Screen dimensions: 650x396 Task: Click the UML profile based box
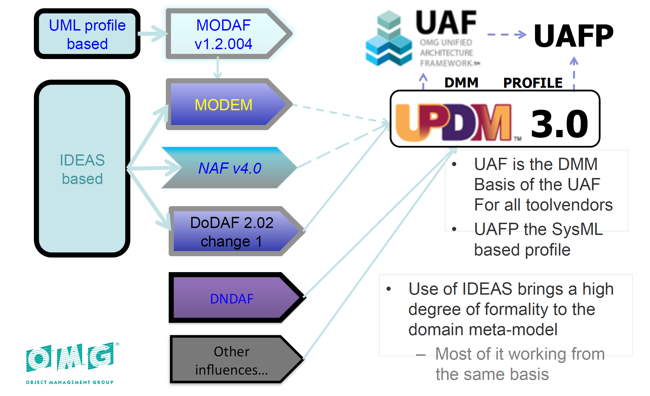tap(87, 34)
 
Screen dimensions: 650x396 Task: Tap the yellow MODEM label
tap(224, 105)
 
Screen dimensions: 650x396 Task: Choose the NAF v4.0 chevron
tap(229, 168)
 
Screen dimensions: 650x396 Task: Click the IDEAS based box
tap(82, 169)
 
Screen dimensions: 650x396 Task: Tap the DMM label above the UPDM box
tap(461, 83)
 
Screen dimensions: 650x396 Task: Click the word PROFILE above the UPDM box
tap(533, 83)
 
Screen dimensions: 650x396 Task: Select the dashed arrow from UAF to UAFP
tap(507, 34)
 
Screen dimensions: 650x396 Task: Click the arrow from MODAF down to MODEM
tap(217, 68)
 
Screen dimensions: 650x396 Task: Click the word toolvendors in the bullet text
tap(569, 205)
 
